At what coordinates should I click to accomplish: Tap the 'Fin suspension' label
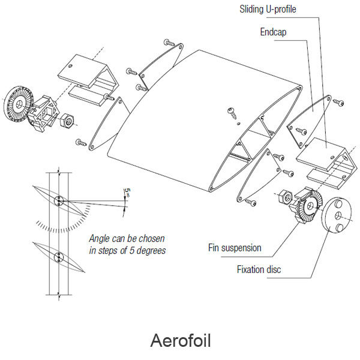[234, 247]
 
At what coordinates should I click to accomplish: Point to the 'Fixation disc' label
[259, 269]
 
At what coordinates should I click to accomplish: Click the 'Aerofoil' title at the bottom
[180, 341]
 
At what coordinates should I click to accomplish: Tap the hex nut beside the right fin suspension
[285, 196]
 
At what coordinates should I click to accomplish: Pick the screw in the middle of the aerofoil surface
[231, 112]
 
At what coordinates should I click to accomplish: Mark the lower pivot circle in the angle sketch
[58, 258]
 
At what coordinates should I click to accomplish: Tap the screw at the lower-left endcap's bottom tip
[80, 142]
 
